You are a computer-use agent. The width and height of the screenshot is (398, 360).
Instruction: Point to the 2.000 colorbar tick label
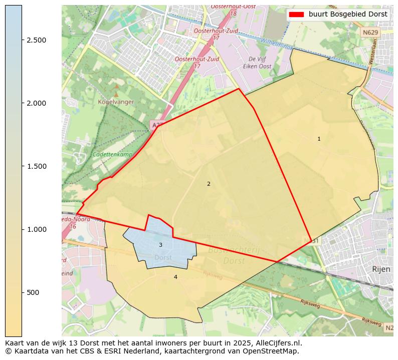tap(36, 103)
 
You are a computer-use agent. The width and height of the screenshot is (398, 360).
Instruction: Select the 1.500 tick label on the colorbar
tap(36, 166)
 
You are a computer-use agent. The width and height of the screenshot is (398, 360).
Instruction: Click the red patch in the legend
tap(297, 15)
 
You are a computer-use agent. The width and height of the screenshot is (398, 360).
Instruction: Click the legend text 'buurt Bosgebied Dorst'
tap(348, 15)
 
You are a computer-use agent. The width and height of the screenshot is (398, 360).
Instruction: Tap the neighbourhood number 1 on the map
tap(319, 139)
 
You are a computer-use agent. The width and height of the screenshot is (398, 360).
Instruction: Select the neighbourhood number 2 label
tap(209, 184)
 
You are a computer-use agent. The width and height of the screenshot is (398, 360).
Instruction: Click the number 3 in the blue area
tap(160, 245)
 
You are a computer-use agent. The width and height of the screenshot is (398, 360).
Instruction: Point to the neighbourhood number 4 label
tap(175, 277)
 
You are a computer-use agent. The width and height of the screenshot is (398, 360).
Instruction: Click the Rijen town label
tap(380, 269)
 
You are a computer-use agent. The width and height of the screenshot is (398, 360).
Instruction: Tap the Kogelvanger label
tap(116, 102)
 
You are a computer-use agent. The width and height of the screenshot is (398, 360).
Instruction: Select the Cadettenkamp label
tap(112, 155)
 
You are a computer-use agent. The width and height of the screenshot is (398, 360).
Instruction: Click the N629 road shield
tap(370, 33)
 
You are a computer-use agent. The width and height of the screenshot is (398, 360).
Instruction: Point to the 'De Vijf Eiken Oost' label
tap(257, 63)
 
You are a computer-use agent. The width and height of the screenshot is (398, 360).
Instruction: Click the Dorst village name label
tap(163, 257)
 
